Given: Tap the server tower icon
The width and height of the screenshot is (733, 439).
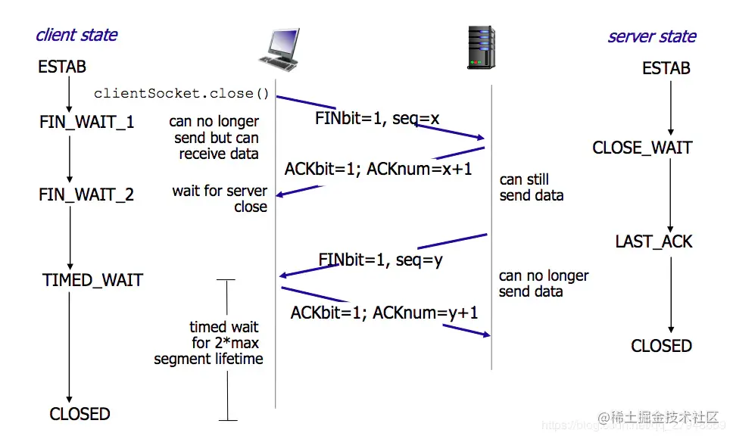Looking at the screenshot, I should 481,48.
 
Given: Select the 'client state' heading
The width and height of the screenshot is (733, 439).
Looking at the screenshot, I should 76,35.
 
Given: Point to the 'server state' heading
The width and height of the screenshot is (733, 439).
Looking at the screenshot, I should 651,36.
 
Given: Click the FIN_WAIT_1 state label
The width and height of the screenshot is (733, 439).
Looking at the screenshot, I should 87,122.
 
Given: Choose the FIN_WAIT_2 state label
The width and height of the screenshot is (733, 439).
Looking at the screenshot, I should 86,195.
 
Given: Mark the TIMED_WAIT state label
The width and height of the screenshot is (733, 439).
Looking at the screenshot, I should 92,280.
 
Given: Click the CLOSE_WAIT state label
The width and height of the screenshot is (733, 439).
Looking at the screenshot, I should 642,148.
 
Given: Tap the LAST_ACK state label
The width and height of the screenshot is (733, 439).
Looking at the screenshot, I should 653,241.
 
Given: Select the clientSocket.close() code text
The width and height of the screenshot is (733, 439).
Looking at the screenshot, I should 182,94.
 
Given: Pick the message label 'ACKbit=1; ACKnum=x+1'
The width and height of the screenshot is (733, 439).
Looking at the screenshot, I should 378,169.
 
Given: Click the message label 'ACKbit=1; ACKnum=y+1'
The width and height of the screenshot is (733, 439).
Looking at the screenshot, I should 384,312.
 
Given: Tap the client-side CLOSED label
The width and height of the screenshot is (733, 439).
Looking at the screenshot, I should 80,414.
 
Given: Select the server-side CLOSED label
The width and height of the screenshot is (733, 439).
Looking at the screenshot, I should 661,346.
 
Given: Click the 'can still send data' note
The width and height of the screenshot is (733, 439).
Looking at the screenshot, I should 532,188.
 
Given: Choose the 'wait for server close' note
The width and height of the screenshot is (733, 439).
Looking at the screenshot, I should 220,199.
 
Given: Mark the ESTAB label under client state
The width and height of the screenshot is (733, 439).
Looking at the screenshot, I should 62,67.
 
